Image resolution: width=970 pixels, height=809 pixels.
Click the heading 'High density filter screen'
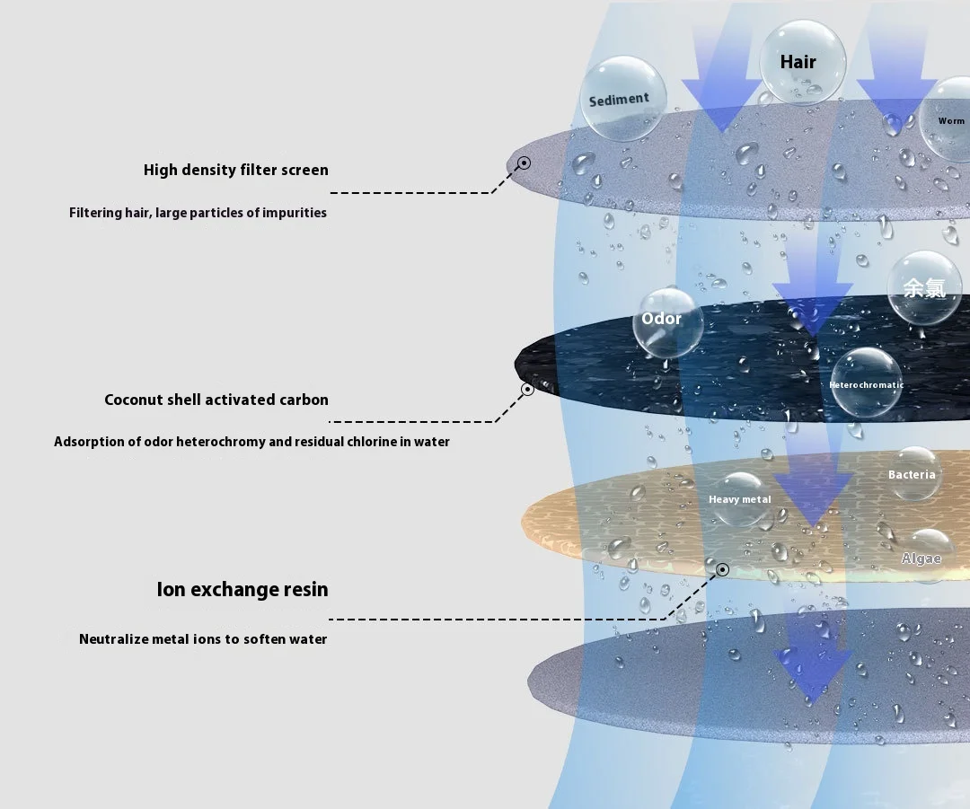[236, 170]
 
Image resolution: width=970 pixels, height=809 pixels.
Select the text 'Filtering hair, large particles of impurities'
[198, 213]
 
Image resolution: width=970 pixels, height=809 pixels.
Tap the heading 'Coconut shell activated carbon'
[216, 400]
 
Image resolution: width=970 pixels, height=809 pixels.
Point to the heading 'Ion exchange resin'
[242, 589]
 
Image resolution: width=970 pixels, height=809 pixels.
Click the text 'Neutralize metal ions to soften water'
[203, 639]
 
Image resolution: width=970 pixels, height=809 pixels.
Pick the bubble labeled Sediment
[619, 99]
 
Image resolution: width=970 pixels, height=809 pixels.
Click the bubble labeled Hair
[800, 61]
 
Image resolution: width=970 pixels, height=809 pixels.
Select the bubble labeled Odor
[666, 321]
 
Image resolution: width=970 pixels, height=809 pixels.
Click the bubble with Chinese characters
[925, 287]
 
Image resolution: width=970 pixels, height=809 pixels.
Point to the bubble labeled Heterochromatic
[866, 383]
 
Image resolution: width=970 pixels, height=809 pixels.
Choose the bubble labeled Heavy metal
[740, 498]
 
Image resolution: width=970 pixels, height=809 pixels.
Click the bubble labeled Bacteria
[912, 474]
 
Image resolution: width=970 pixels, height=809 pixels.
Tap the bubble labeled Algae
[922, 557]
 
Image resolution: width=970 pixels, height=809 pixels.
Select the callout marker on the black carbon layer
[527, 389]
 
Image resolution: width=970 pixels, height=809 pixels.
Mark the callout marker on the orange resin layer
[721, 569]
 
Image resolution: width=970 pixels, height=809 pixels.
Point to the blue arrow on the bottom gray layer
[813, 660]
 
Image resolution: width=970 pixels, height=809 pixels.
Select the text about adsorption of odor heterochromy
[251, 442]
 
